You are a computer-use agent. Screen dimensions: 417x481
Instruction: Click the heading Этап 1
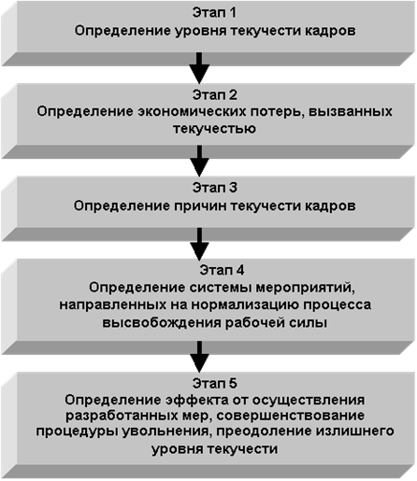pos(214,13)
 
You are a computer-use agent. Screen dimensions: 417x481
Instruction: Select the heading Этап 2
pos(214,95)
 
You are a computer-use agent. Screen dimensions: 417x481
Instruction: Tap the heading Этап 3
pos(214,188)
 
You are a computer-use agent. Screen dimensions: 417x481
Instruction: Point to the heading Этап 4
pos(222,270)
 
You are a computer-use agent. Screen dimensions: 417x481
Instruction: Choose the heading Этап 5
pos(214,383)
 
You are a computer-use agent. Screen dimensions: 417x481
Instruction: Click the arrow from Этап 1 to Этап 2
pos(199,68)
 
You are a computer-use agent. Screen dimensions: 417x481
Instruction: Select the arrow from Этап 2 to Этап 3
pos(199,161)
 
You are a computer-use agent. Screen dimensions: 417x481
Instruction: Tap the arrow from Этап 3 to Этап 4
pos(199,244)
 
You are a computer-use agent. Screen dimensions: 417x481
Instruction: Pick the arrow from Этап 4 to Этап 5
pos(199,357)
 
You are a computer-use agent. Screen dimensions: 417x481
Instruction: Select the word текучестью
pos(215,129)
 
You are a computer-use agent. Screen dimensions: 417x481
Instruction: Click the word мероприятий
pos(306,288)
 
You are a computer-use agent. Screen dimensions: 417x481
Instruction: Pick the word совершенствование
pos(291,416)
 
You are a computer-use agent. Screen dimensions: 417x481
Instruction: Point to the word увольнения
pos(165,432)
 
